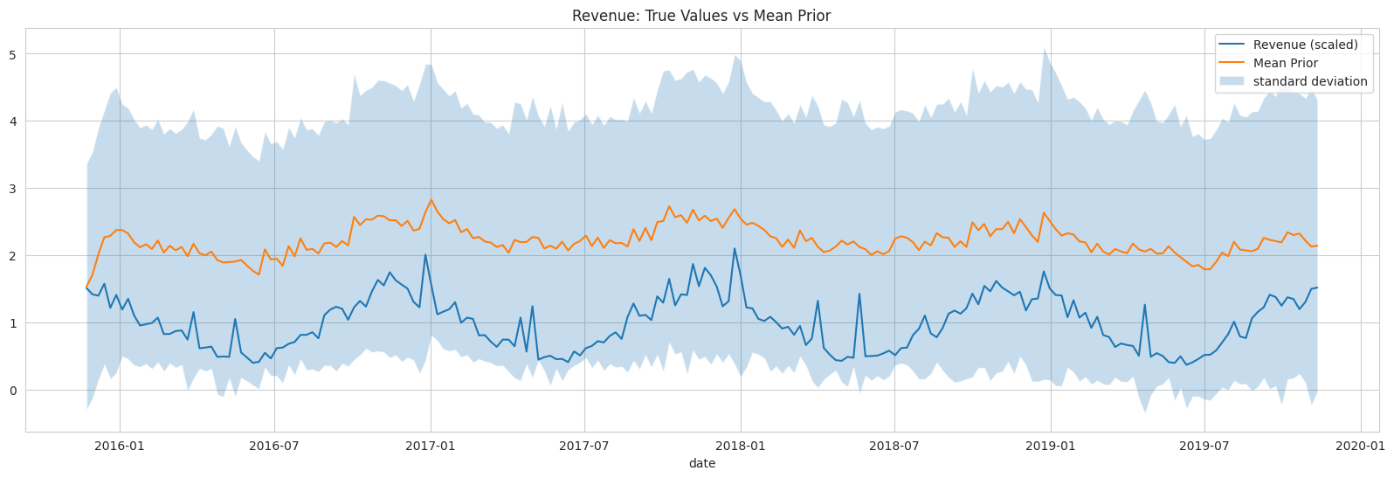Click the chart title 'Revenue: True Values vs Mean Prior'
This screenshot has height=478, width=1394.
coord(701,16)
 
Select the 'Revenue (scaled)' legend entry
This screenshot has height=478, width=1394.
coord(1305,45)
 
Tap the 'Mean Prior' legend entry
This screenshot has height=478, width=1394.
coord(1285,63)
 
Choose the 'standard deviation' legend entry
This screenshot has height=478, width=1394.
coord(1309,81)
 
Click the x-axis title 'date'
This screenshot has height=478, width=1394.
coord(701,464)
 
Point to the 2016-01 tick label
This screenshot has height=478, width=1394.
coord(119,447)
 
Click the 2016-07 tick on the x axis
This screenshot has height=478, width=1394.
coord(274,447)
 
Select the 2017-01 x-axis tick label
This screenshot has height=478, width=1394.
coord(430,447)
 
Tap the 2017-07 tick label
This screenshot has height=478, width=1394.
coord(584,447)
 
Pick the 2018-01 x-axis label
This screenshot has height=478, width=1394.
coord(741,447)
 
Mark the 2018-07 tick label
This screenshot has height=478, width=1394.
coord(894,447)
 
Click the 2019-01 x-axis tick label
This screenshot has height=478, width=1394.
coord(1051,447)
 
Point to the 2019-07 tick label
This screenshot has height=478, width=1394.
coord(1204,447)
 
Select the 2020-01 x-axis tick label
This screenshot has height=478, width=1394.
coord(1361,447)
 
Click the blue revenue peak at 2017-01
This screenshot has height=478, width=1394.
coord(424,255)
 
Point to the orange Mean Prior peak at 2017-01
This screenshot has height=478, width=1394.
coord(431,199)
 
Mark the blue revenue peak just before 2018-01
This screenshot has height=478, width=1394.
coord(735,248)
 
